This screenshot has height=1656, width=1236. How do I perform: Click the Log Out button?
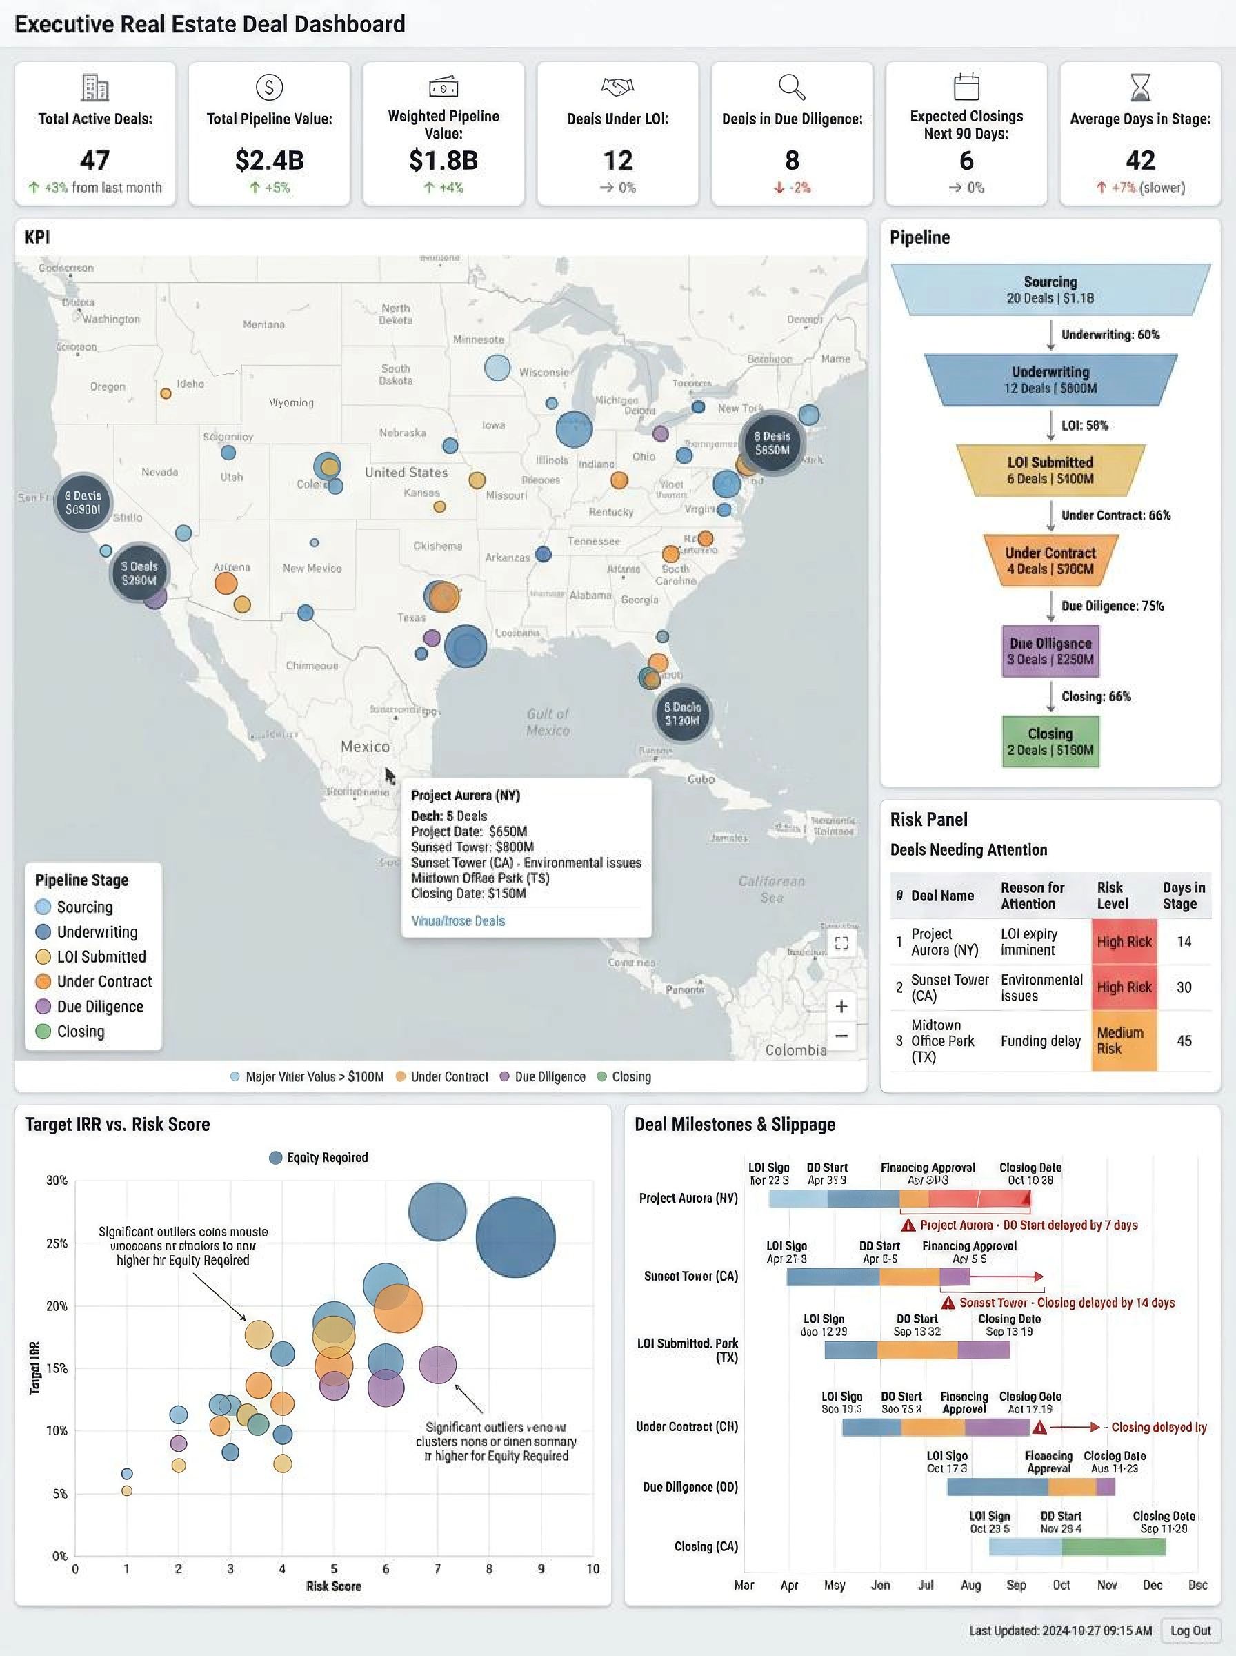1190,1630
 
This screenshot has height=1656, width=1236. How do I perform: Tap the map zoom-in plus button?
841,1006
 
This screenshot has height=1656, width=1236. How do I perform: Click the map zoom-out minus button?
841,1036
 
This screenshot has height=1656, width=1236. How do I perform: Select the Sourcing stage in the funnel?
1050,290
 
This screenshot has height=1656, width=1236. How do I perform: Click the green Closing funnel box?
1050,742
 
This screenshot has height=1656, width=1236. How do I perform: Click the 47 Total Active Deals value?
95,160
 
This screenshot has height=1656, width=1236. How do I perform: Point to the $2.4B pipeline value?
270,160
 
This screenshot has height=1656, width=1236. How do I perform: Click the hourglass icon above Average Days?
1139,88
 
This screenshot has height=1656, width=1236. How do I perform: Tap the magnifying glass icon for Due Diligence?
792,88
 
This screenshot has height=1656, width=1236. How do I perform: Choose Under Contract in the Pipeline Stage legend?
104,981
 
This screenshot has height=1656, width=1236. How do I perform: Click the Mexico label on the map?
365,746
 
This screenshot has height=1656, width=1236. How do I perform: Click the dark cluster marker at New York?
771,443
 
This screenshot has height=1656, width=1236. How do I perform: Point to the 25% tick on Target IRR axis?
57,1243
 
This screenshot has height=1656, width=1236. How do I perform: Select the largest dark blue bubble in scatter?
515,1237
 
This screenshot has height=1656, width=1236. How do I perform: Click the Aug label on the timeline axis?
970,1585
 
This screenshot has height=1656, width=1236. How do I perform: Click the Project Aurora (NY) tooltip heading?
466,796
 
